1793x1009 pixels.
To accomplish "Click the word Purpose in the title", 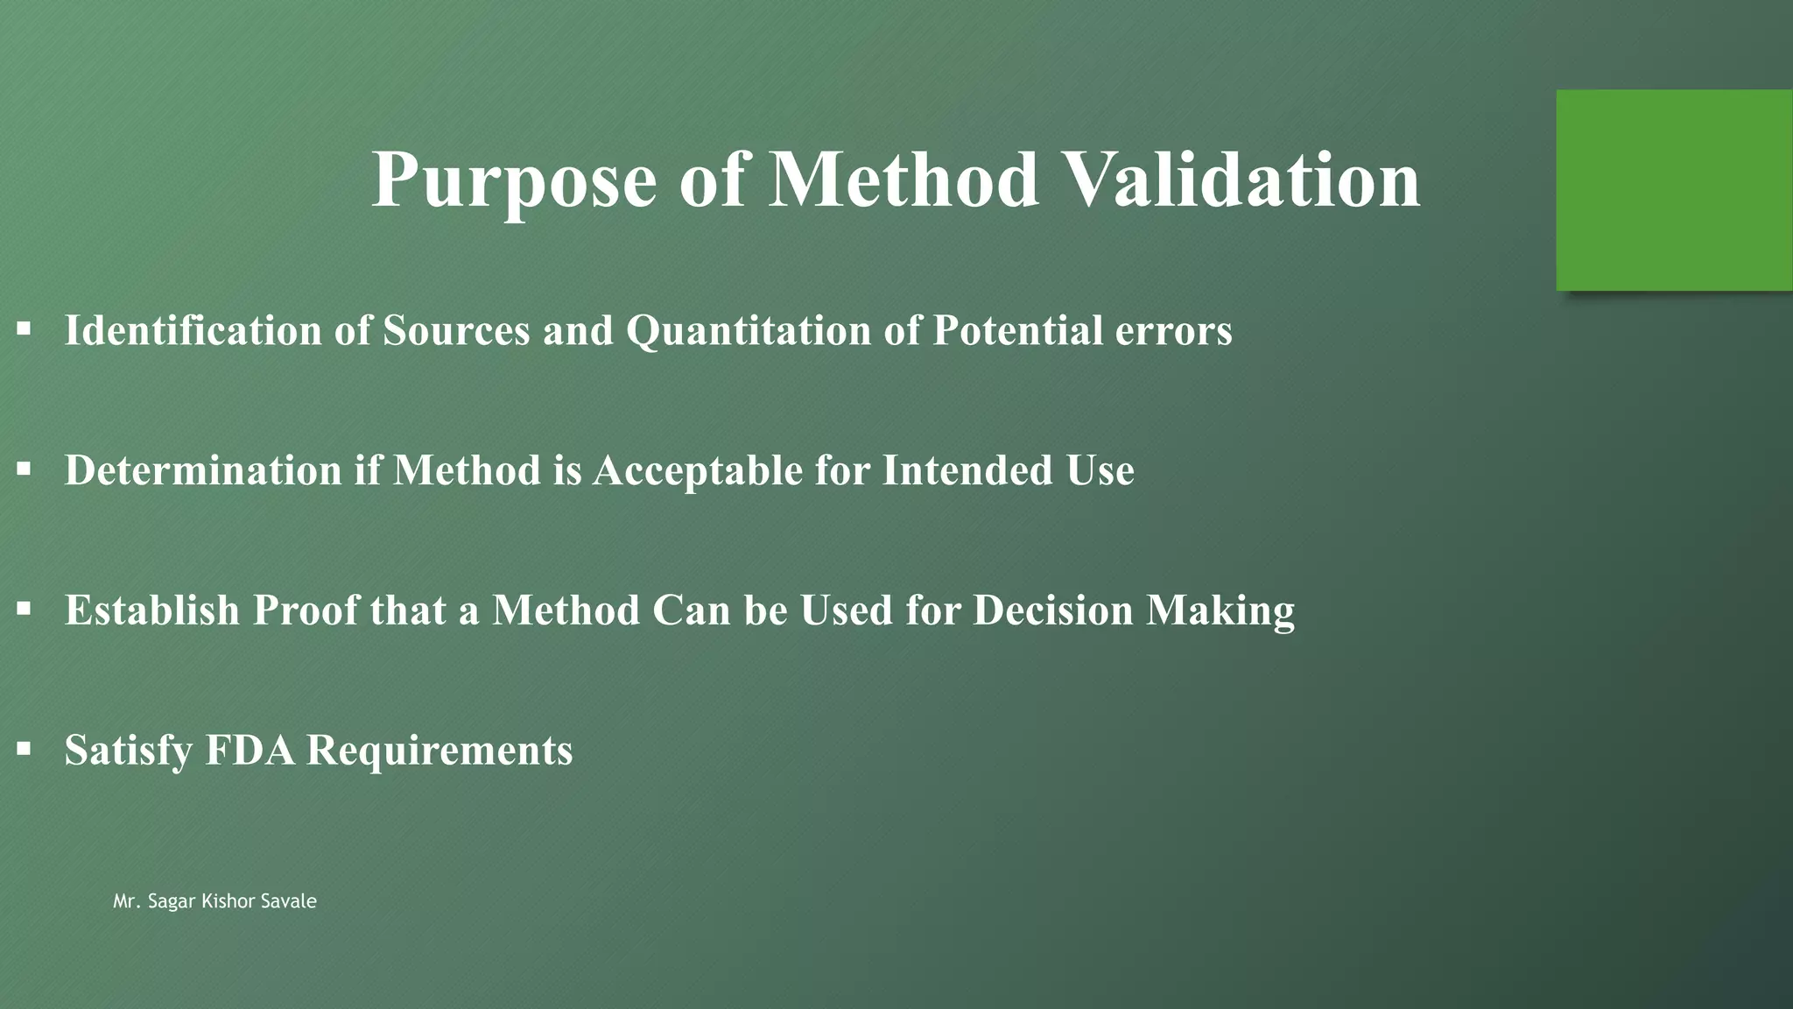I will pos(514,181).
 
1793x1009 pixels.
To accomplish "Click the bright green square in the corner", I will pos(1674,190).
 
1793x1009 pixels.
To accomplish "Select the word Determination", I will pos(203,471).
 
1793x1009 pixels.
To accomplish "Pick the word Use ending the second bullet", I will pos(1100,471).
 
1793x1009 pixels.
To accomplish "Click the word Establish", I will pos(152,610).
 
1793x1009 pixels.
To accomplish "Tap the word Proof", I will pos(306,610).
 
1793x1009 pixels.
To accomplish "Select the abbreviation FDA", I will pos(250,751).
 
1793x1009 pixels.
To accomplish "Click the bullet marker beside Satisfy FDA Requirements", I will pos(24,749).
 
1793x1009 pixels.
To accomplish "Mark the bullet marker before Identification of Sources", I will pos(24,329).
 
